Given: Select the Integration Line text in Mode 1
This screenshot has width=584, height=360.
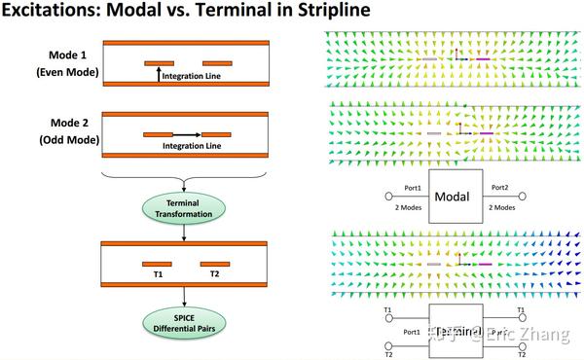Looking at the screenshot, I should [190, 75].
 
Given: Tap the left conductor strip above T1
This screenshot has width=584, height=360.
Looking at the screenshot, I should [157, 263].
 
